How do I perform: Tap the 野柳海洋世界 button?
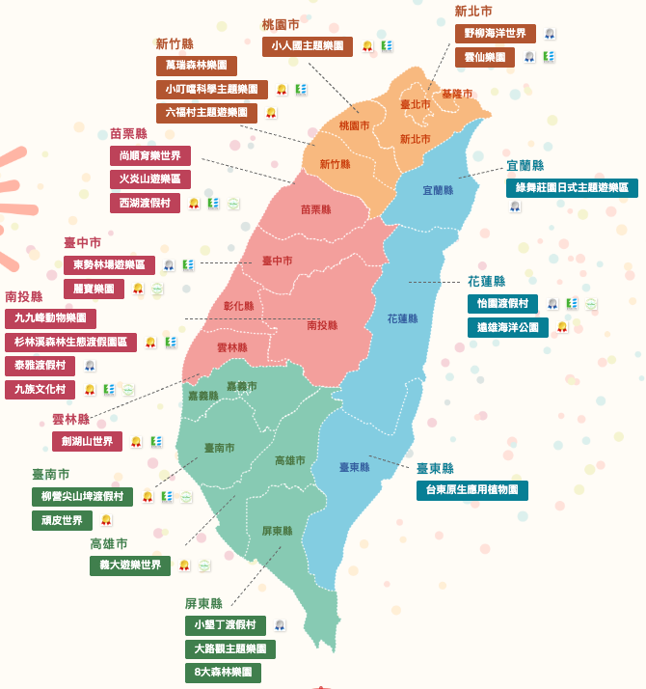pyautogui.click(x=495, y=34)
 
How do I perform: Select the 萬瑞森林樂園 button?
pyautogui.click(x=196, y=66)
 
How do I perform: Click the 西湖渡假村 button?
pyautogui.click(x=144, y=203)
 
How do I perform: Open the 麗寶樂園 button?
pyautogui.click(x=94, y=289)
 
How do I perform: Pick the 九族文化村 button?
pyautogui.click(x=40, y=390)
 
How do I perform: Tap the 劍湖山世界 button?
pyautogui.click(x=87, y=441)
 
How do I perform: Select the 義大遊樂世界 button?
pyautogui.click(x=129, y=565)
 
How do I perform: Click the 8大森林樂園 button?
pyautogui.click(x=223, y=673)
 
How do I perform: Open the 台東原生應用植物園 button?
pyautogui.click(x=471, y=490)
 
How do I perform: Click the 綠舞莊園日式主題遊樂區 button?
pyautogui.click(x=572, y=187)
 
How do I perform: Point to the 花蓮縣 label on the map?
pyautogui.click(x=402, y=318)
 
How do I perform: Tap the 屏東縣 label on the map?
pyautogui.click(x=277, y=531)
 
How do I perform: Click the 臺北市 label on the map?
pyautogui.click(x=415, y=104)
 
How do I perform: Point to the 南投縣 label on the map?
pyautogui.click(x=322, y=325)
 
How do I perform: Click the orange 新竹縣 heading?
pyautogui.click(x=175, y=43)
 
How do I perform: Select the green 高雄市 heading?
pyautogui.click(x=109, y=543)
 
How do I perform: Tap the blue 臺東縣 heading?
pyautogui.click(x=435, y=468)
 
